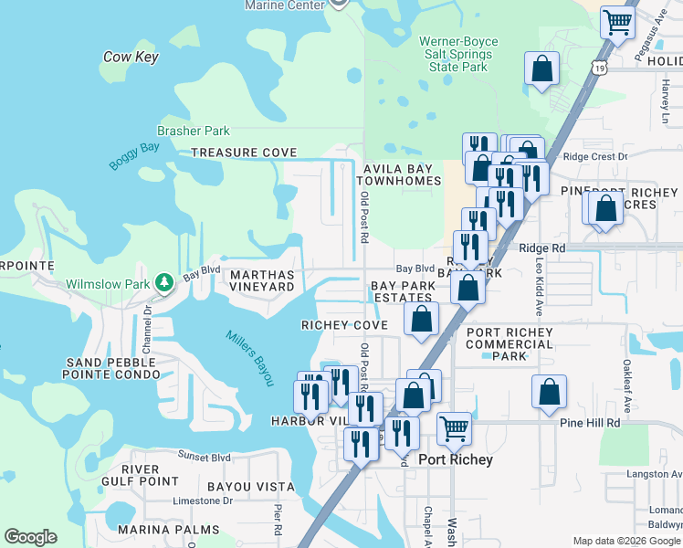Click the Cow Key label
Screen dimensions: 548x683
[131, 57]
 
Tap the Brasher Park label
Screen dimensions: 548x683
[194, 132]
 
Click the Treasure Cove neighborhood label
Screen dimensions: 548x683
[243, 152]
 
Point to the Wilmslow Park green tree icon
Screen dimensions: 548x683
[163, 283]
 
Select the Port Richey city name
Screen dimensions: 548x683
[455, 459]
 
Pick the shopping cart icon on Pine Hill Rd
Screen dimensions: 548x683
[454, 427]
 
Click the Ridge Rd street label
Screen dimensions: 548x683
[541, 248]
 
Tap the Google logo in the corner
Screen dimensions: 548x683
[30, 537]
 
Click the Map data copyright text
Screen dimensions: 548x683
[625, 541]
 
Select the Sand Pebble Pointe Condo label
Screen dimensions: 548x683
[112, 368]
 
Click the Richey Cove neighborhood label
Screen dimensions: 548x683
[345, 325]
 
